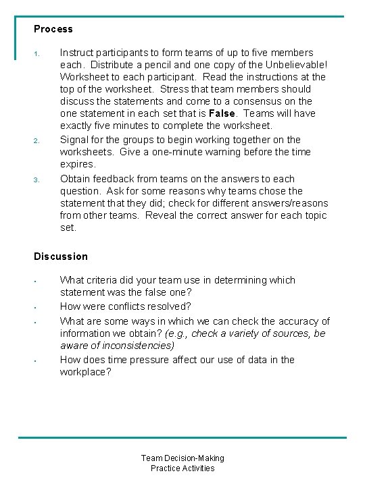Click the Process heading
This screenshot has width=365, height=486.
coord(53,29)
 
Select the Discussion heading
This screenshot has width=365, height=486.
coord(61,256)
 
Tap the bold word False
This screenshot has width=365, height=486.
coord(222,113)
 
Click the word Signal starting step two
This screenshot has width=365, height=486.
coord(74,140)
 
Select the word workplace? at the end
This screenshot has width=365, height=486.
coord(86,372)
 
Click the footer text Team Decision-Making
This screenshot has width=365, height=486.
coord(182,458)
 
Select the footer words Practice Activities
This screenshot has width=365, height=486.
coord(182,468)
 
